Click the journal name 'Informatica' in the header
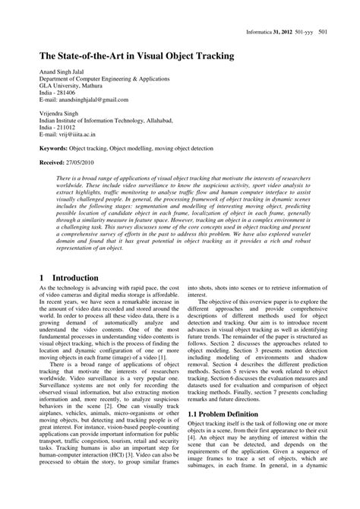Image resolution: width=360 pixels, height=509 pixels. pos(266,32)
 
